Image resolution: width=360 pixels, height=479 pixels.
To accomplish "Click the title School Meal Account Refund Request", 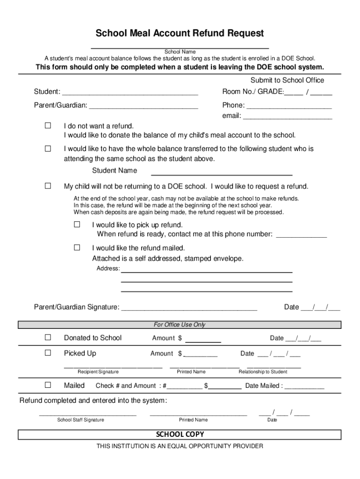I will (x=180, y=34).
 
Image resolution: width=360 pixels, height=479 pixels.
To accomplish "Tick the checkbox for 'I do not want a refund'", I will (x=48, y=126).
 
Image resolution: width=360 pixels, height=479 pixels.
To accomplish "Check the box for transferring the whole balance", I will (x=48, y=149).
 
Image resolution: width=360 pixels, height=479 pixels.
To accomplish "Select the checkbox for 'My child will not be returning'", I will (x=48, y=186).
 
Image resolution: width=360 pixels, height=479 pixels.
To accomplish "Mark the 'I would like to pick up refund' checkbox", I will (x=77, y=225).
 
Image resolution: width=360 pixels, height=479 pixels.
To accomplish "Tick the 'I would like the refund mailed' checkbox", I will (x=77, y=247).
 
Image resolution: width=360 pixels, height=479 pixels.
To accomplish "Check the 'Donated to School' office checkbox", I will (x=48, y=338).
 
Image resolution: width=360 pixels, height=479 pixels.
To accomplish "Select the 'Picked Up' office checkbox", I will (x=48, y=353).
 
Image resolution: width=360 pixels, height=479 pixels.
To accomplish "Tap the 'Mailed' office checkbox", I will (x=48, y=385).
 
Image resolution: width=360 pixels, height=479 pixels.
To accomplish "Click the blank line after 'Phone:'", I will (x=289, y=106).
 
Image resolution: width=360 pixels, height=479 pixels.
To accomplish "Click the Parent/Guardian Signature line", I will (x=189, y=308).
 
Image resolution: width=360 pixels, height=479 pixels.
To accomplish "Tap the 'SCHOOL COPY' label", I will (x=180, y=435).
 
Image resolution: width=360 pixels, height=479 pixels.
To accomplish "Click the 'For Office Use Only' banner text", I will (x=180, y=325).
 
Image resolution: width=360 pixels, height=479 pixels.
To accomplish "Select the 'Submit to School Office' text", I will (x=287, y=80).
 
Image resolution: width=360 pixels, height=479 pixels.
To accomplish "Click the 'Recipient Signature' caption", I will (x=98, y=372).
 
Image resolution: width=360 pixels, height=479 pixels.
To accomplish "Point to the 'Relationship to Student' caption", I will (x=263, y=372).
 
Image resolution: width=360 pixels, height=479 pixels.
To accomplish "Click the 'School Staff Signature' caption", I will (x=80, y=420).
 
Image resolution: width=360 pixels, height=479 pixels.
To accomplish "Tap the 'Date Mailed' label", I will (x=263, y=386).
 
